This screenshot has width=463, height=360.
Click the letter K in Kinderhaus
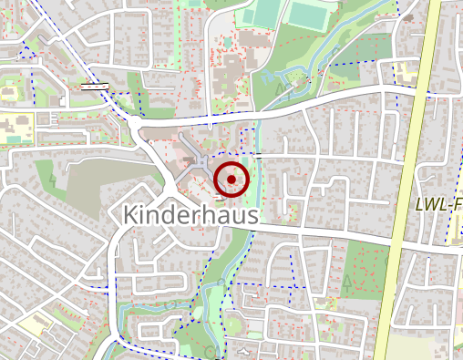click(x=129, y=215)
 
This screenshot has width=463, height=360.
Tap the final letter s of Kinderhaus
click(x=252, y=216)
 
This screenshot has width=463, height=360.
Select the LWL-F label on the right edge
click(x=438, y=205)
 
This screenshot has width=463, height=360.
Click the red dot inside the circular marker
click(x=231, y=180)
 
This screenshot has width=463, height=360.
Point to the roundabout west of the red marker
click(x=136, y=123)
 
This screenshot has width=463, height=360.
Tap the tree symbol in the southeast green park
click(x=346, y=281)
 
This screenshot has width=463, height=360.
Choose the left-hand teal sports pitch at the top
click(x=265, y=12)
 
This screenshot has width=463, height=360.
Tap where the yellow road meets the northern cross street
click(x=415, y=95)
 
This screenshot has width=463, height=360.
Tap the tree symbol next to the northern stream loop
click(x=278, y=88)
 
